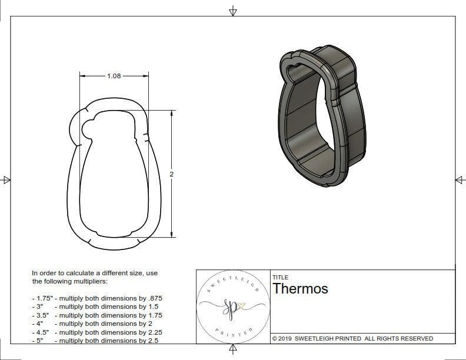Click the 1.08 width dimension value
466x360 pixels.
click(x=114, y=76)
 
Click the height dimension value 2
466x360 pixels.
click(x=171, y=175)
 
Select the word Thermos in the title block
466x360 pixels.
click(x=300, y=289)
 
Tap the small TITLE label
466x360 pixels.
click(x=279, y=277)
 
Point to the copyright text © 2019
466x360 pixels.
click(x=286, y=338)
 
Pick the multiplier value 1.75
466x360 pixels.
click(x=151, y=315)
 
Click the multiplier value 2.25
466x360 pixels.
click(x=151, y=332)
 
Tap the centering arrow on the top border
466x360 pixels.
click(x=233, y=11)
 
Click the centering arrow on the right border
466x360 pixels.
click(x=459, y=180)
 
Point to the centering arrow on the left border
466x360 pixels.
click(x=6, y=180)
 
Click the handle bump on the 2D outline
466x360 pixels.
click(x=86, y=129)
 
